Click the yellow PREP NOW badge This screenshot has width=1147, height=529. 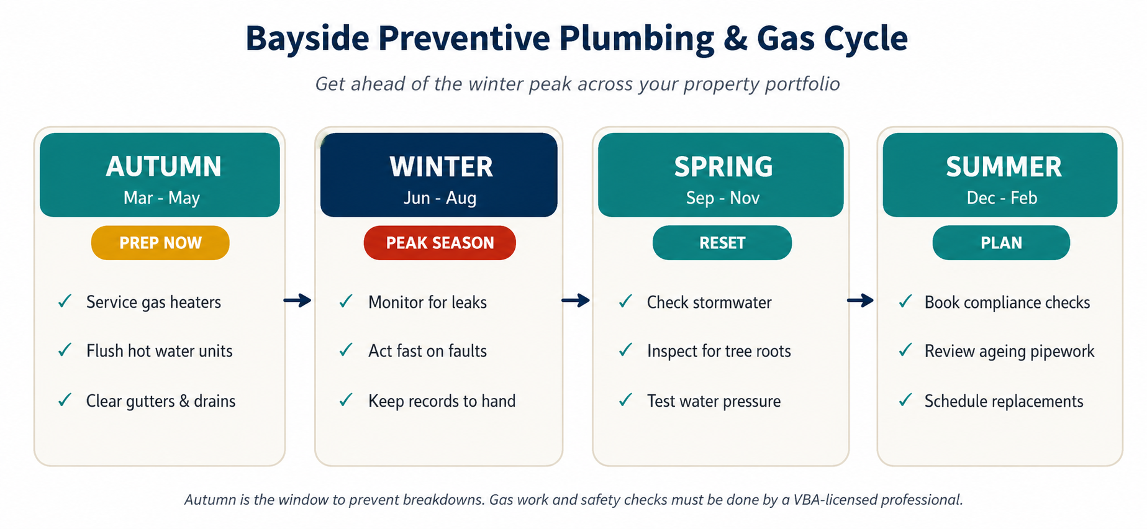160,243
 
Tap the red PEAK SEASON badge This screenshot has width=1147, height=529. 440,243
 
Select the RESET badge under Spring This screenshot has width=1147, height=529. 722,243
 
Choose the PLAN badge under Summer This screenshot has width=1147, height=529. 1001,243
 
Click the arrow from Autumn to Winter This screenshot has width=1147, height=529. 297,301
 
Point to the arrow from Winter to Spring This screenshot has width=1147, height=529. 576,301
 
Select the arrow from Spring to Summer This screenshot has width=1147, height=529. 860,301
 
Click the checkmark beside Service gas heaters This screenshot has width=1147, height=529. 65,302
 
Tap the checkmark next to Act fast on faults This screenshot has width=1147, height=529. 346,350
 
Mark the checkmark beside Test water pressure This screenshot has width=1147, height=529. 625,400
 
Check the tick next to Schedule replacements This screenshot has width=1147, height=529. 905,400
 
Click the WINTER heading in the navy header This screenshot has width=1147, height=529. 442,167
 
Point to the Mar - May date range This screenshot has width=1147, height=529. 161,198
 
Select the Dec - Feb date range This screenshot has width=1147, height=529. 1002,198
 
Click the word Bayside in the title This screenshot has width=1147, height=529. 307,39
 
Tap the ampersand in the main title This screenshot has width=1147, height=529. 735,38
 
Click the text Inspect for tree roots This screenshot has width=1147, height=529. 719,351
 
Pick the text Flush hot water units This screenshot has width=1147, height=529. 159,351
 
